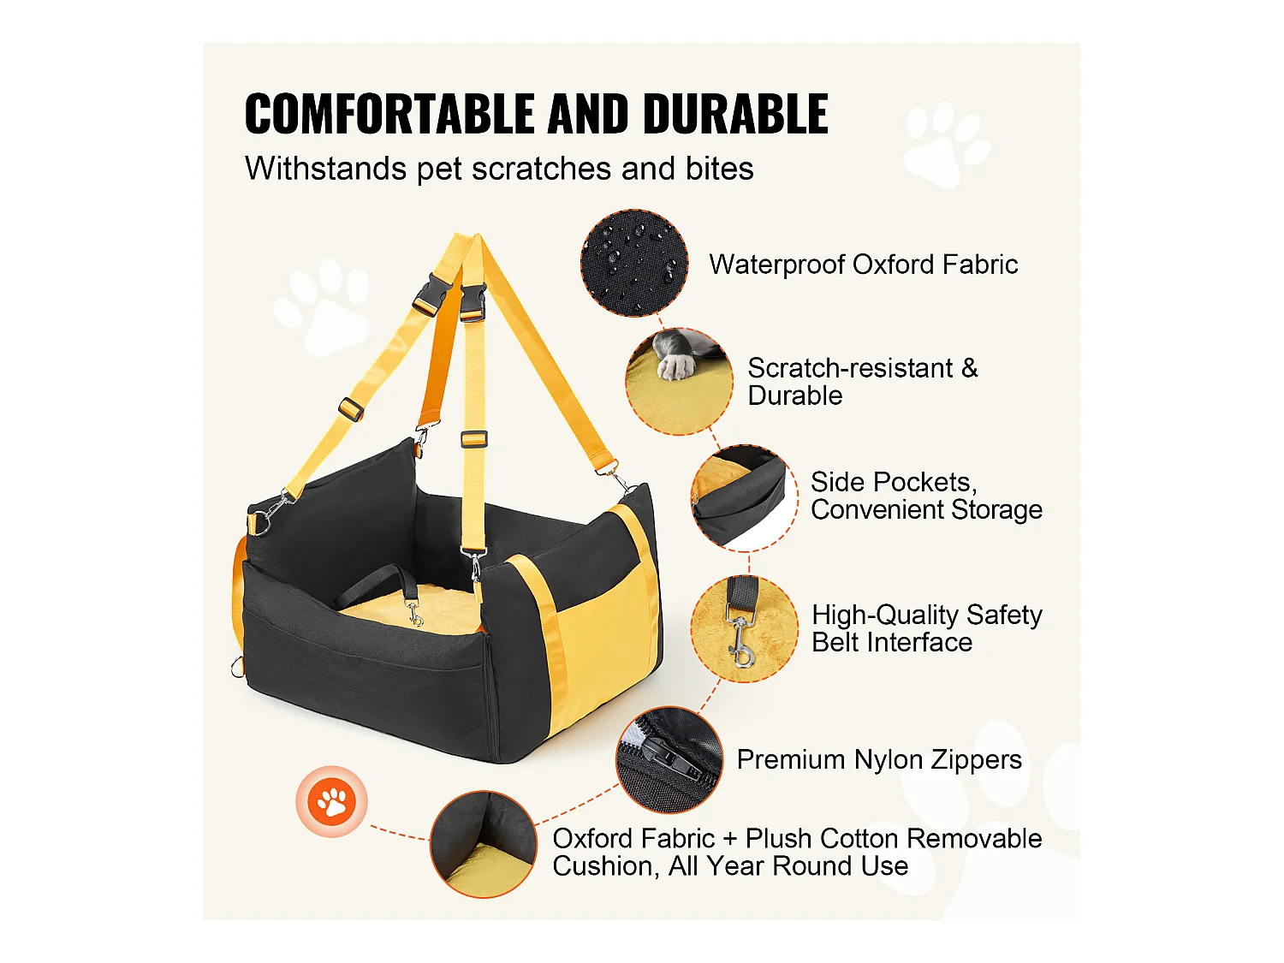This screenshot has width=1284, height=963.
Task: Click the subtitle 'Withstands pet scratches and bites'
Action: [499, 169]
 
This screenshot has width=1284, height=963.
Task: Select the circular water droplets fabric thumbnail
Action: [634, 263]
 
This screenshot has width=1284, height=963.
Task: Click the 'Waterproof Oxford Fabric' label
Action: [863, 265]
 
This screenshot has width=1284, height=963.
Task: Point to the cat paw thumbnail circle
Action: [680, 381]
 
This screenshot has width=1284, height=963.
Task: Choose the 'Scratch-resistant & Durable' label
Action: [862, 382]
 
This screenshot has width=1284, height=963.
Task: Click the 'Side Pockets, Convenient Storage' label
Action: [925, 496]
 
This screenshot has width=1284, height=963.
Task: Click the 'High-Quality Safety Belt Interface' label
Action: [926, 628]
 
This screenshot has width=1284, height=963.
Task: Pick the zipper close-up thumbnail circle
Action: [669, 759]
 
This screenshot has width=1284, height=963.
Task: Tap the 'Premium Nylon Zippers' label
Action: [879, 759]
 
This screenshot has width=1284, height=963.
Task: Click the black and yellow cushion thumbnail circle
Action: [484, 844]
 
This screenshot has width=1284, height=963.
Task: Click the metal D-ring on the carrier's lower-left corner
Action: [238, 667]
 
